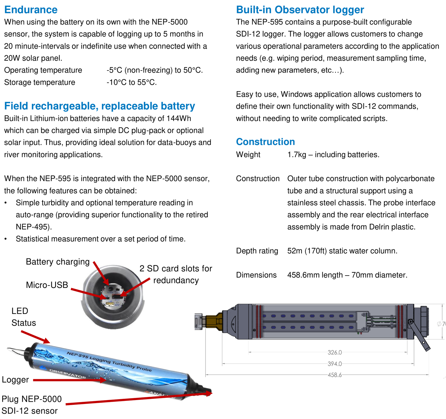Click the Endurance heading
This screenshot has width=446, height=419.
tap(31, 10)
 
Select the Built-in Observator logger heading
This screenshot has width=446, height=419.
tap(300, 10)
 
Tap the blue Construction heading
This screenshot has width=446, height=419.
tap(265, 142)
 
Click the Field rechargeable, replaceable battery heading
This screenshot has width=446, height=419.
tap(100, 106)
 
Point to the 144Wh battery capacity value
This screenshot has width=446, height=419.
tap(179, 118)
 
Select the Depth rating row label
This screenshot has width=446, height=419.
tap(257, 251)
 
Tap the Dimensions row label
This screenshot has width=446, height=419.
tap(256, 275)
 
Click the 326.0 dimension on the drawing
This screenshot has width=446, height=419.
tap(334, 352)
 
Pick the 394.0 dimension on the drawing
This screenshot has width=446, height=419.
tap(334, 364)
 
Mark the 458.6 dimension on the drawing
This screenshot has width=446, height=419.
tap(334, 375)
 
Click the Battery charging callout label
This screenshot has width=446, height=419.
tap(58, 262)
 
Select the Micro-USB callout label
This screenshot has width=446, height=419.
tap(47, 285)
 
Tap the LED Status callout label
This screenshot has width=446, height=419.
tap(24, 317)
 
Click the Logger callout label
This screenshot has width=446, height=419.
tap(15, 380)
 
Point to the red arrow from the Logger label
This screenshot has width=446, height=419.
tap(70, 380)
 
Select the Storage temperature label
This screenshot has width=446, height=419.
tap(40, 82)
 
